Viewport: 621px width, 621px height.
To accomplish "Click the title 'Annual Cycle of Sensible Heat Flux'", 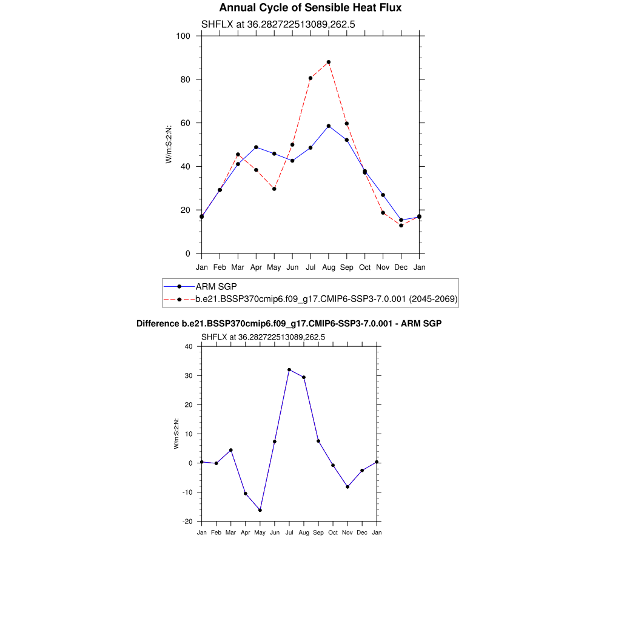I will [x=310, y=8].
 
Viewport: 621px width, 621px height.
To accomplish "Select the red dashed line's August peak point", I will [x=329, y=62].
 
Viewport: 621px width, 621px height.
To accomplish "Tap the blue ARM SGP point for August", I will [x=329, y=126].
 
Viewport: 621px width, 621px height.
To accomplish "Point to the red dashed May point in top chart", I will [x=274, y=189].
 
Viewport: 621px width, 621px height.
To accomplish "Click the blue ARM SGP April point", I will [x=256, y=147].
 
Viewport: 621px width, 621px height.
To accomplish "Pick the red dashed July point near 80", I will [x=310, y=78].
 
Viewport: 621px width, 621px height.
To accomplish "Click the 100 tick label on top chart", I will [x=183, y=36].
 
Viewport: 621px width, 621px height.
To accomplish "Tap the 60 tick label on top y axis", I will [x=186, y=123].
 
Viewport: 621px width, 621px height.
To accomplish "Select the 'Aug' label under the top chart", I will [x=329, y=267].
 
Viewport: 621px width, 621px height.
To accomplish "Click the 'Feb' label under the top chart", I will [x=220, y=267].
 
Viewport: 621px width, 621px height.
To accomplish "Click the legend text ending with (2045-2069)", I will [x=326, y=299].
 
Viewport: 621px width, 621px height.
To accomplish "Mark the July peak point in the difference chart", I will [x=289, y=370].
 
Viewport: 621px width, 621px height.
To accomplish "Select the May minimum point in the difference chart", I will [x=260, y=510].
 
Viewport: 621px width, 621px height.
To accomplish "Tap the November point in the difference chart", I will [x=347, y=487].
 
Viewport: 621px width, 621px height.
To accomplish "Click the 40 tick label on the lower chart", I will [x=188, y=347].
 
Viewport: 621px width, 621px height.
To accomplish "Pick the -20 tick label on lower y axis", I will [x=187, y=522].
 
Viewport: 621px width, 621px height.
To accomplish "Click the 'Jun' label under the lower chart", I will [x=275, y=532].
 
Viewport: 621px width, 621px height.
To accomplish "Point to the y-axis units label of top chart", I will [x=169, y=144].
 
